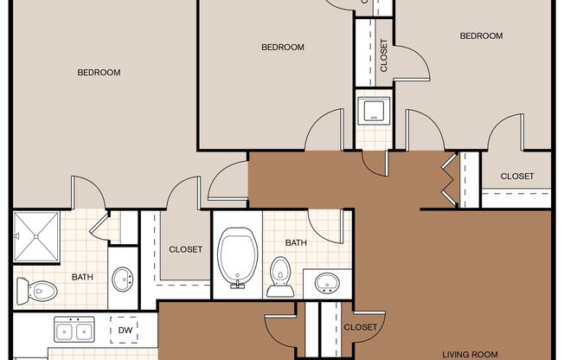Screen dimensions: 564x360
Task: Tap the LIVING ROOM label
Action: pyautogui.click(x=470, y=355)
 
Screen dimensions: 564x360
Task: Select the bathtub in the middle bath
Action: pyautogui.click(x=237, y=257)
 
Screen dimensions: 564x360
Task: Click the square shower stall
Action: pyautogui.click(x=36, y=236)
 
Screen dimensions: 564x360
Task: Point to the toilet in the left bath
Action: pyautogui.click(x=36, y=291)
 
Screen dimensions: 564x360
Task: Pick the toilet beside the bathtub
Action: pyautogui.click(x=280, y=276)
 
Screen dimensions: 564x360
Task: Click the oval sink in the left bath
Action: pyautogui.click(x=122, y=279)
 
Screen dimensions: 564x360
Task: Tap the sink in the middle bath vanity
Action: pyautogui.click(x=327, y=283)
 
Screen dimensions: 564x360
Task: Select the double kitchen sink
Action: pyautogui.click(x=74, y=330)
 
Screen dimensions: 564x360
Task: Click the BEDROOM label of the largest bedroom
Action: pyautogui.click(x=99, y=73)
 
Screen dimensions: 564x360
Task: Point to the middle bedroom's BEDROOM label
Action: pyautogui.click(x=283, y=47)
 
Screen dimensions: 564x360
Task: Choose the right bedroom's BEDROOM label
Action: pyautogui.click(x=481, y=36)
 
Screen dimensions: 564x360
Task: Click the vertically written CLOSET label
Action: pyautogui.click(x=384, y=55)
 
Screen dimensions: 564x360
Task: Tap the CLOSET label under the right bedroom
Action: pyautogui.click(x=517, y=176)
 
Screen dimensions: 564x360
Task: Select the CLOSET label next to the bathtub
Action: pyautogui.click(x=186, y=249)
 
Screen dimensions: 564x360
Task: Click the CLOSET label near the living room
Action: pyautogui.click(x=361, y=327)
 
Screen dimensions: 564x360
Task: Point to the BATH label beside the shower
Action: pyautogui.click(x=82, y=277)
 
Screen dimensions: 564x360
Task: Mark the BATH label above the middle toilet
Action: pyautogui.click(x=296, y=243)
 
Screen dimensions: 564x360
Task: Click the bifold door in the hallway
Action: pyautogui.click(x=450, y=180)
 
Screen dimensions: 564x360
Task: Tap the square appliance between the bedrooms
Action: pyautogui.click(x=374, y=111)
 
